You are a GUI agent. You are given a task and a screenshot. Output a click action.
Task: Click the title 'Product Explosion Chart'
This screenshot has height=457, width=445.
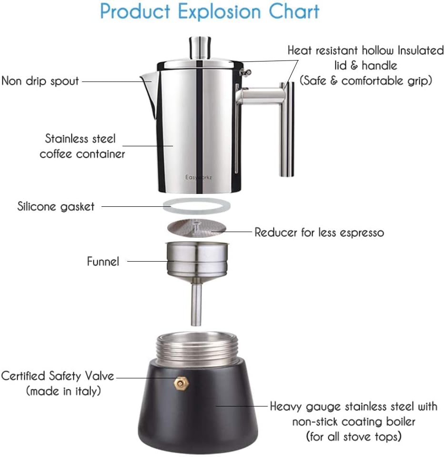point(210,11)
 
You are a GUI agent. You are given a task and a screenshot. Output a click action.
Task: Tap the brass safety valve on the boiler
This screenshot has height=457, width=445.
point(180,382)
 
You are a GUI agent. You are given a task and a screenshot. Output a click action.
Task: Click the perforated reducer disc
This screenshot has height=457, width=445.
point(196,228)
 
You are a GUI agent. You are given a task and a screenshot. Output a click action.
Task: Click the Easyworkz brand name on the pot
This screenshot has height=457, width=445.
point(199,177)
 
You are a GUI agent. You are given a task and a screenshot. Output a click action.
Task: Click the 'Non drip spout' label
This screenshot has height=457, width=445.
point(40,81)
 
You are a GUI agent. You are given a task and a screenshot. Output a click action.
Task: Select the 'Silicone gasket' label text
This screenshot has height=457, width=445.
point(56,206)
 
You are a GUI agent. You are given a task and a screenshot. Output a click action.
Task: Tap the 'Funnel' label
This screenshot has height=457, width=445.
point(103,261)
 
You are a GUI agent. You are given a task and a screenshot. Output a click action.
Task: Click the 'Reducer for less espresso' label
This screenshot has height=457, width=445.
point(319,232)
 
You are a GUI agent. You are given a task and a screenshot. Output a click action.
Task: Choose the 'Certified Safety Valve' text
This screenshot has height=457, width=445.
point(58,376)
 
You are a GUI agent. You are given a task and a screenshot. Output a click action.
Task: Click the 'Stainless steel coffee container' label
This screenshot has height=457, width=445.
point(81,146)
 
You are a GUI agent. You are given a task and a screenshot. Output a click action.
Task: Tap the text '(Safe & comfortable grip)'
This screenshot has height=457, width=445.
point(365,80)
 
